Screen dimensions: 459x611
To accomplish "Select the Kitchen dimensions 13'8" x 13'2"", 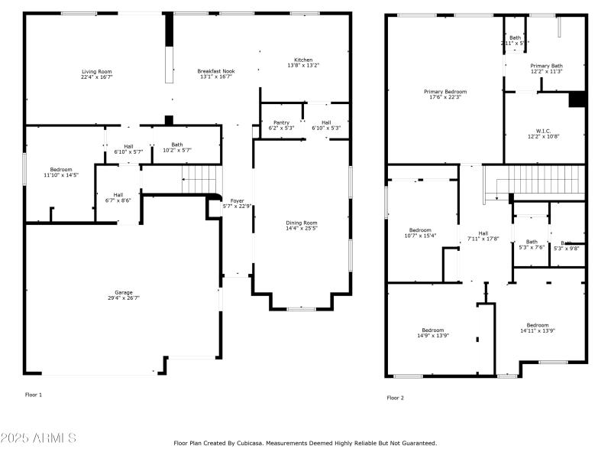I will pyautogui.click(x=303, y=66).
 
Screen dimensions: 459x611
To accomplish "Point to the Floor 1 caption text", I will pyautogui.click(x=34, y=395).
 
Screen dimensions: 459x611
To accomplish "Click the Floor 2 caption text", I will pyautogui.click(x=395, y=398).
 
